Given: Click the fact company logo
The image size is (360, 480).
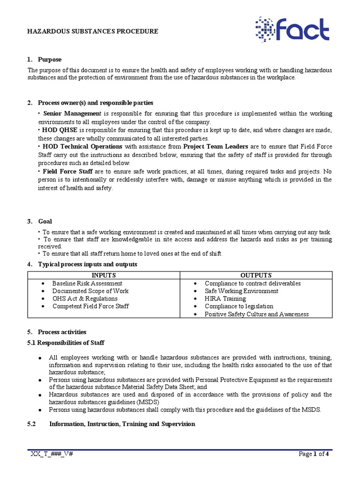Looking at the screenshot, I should (x=292, y=30).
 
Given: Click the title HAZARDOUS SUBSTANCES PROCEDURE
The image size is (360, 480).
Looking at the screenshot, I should (x=92, y=31).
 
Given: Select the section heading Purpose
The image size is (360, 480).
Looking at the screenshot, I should (x=50, y=60).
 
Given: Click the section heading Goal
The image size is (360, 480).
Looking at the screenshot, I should (x=45, y=221).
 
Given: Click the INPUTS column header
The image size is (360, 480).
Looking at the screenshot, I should (x=104, y=275).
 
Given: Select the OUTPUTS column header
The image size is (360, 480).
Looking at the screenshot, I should (x=256, y=275).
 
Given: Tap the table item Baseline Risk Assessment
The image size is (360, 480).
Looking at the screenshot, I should (x=87, y=283).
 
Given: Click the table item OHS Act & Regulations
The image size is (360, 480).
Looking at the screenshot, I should (x=84, y=299).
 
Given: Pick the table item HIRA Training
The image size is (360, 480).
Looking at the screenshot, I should (x=225, y=299).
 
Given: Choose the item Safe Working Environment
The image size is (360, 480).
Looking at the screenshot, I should (x=241, y=291).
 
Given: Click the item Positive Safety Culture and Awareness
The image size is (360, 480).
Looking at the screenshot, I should (x=256, y=314).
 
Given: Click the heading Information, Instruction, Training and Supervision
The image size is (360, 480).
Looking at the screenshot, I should (x=122, y=424).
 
